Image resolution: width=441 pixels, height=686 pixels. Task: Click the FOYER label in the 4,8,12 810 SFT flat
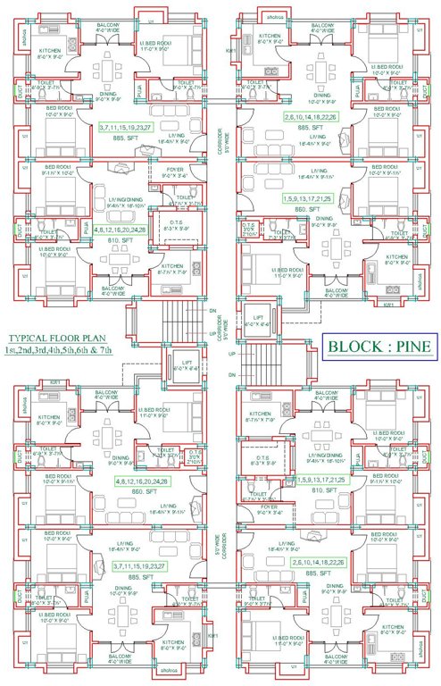176,171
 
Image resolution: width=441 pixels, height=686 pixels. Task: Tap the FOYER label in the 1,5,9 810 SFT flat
267,514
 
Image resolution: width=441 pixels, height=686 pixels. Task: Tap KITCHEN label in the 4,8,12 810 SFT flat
173,265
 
